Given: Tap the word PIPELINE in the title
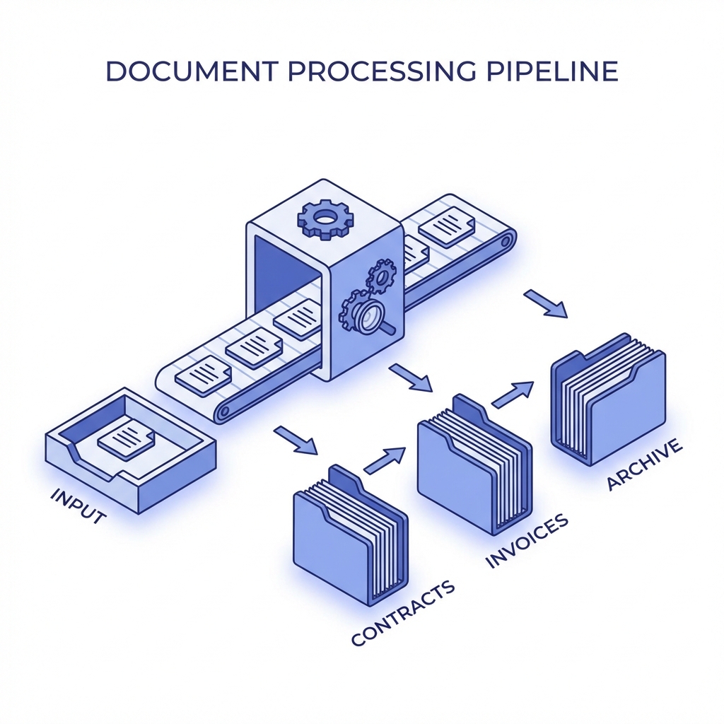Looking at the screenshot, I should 548,73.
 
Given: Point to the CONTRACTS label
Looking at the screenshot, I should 403,612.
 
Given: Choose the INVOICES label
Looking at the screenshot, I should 527,542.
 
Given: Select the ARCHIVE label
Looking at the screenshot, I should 644,464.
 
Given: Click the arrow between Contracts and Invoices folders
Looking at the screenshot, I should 385,460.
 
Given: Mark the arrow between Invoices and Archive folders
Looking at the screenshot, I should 512,395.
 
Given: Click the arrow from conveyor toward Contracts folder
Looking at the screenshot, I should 296,440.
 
